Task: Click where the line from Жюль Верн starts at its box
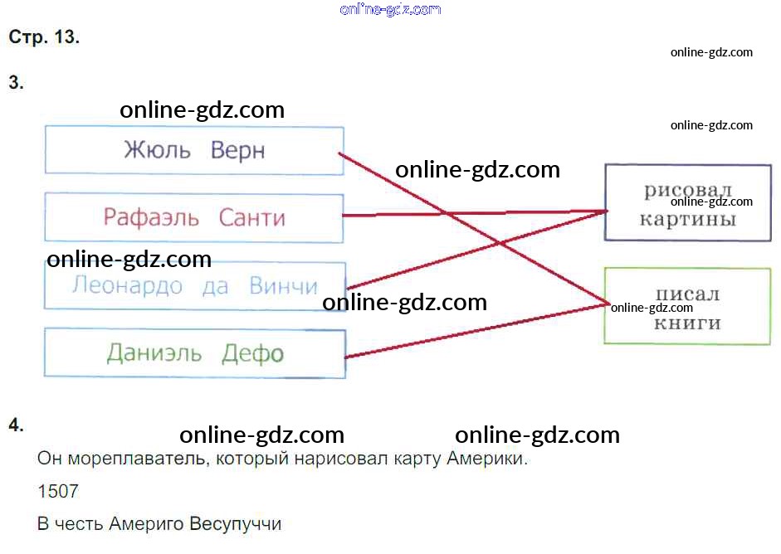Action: coord(339,153)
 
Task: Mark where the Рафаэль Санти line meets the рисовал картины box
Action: coord(606,211)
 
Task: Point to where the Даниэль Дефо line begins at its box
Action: coord(345,357)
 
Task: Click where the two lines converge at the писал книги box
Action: coord(606,304)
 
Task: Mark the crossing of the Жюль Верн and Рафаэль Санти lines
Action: coord(443,213)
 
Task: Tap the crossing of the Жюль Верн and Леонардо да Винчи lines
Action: coord(500,243)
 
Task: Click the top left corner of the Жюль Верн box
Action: coord(46,126)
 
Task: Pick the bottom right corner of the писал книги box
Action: coord(770,343)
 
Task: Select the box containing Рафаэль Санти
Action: coord(194,218)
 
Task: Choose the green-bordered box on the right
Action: coord(687,306)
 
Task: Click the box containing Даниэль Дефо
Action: coord(195,352)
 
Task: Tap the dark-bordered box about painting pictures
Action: coord(688,202)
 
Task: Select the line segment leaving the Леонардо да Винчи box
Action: coord(476,250)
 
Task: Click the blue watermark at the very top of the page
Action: coord(390,9)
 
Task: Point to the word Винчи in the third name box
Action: coord(283,286)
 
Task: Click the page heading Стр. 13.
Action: coord(44,36)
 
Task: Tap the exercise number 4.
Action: coord(16,425)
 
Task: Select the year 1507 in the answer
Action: coord(58,491)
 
